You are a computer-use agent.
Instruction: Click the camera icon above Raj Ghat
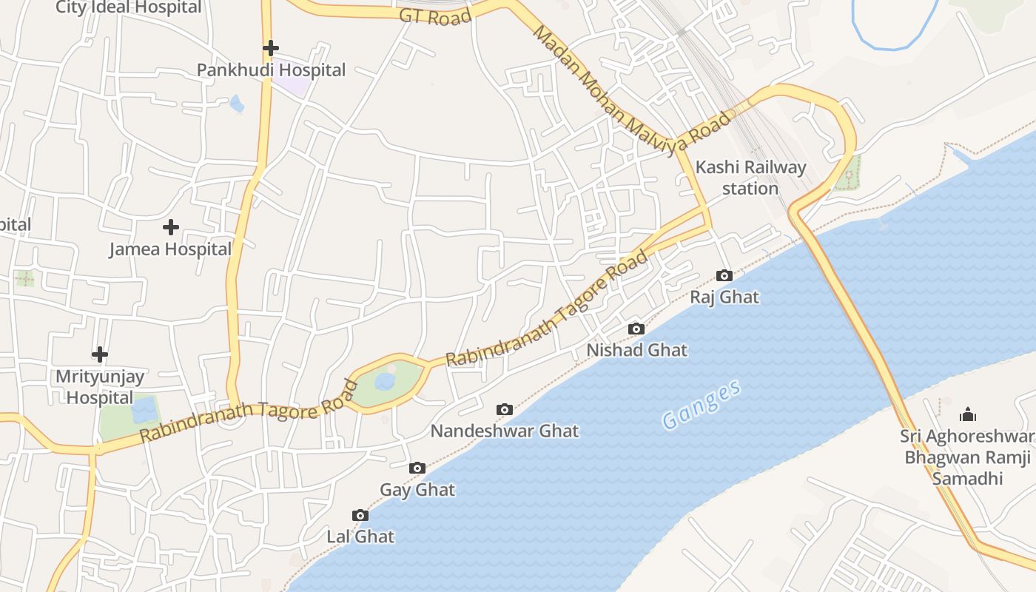point(724,276)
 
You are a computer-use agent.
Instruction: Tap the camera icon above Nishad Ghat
point(636,329)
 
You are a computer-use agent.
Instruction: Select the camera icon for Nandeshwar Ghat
point(505,409)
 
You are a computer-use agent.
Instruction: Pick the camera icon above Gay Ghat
point(417,468)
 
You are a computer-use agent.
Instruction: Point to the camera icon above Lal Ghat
point(360,515)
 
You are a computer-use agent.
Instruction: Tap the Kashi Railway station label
point(750,178)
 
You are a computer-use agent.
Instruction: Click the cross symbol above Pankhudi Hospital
point(271,48)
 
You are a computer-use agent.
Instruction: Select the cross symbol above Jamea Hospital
point(171,226)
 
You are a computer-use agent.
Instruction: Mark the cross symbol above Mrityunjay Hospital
point(100,354)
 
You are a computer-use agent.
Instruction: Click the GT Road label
point(434,16)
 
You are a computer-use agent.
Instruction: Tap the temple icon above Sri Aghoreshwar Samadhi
point(967,414)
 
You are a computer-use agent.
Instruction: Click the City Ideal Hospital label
point(129,7)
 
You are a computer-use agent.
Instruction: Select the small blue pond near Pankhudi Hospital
point(237,104)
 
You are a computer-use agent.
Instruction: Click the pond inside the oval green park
point(385,381)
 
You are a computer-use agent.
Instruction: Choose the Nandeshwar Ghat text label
point(505,431)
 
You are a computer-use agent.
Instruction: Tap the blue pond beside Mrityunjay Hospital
point(145,409)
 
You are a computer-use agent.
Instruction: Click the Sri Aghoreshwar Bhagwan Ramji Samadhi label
point(967,457)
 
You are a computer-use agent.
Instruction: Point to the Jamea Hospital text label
point(170,249)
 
